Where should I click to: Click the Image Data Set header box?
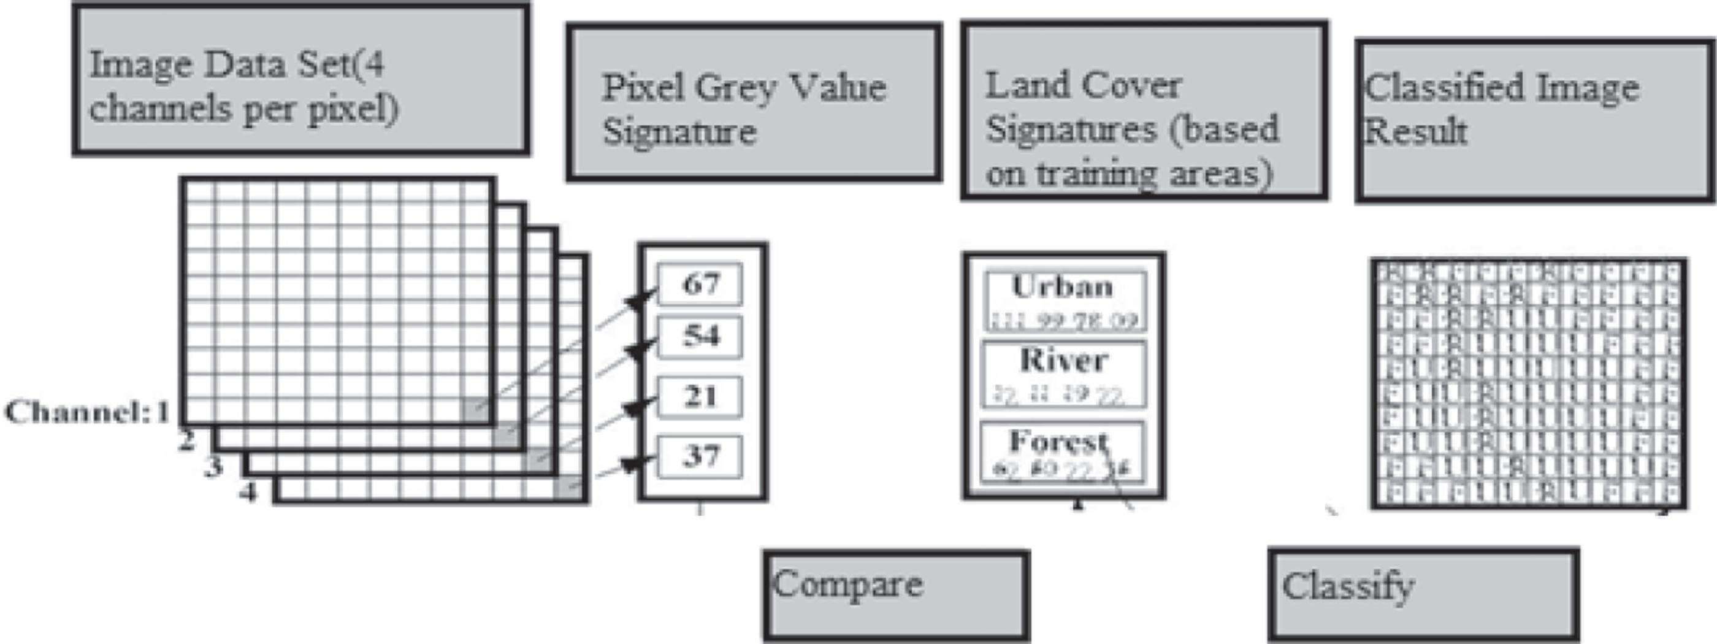tap(301, 80)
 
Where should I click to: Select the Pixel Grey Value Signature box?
tap(754, 102)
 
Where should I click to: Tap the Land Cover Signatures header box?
tap(1144, 110)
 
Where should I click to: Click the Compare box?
tap(896, 595)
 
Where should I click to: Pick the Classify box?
tap(1423, 595)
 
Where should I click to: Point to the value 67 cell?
tap(700, 284)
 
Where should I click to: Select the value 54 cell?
tap(700, 337)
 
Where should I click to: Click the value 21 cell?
tap(700, 397)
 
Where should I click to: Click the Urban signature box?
tap(1065, 301)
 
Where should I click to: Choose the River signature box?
tap(1065, 374)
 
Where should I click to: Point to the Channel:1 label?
tap(86, 413)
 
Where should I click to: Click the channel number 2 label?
tap(187, 440)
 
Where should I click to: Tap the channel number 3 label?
tap(213, 466)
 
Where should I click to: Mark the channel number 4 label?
tap(248, 493)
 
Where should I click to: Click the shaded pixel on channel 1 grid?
tap(476, 408)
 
